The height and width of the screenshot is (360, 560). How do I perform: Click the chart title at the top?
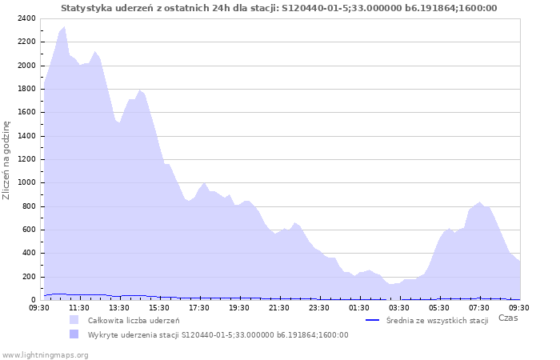(x=278, y=8)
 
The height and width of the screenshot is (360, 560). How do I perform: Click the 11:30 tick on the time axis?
(x=79, y=307)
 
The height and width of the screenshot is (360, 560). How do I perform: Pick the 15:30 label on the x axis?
(x=159, y=307)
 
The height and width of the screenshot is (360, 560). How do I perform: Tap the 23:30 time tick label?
(x=319, y=307)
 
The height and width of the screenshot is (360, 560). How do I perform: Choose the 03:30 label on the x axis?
(x=399, y=307)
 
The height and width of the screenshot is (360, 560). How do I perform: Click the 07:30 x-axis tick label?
(x=479, y=307)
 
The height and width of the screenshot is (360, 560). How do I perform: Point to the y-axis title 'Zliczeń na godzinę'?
(x=6, y=160)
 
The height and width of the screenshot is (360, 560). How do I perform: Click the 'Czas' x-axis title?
(x=507, y=318)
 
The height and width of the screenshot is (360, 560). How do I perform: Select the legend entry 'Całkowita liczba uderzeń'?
(x=134, y=321)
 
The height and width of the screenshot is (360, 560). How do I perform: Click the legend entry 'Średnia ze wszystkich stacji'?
(x=437, y=321)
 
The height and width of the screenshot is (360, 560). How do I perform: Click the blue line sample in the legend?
(x=372, y=321)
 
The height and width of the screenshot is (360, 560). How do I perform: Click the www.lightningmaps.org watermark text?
(x=45, y=354)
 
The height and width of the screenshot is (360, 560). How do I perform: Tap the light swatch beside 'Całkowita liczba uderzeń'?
(x=74, y=321)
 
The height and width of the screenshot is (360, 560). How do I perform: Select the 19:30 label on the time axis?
(x=239, y=307)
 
